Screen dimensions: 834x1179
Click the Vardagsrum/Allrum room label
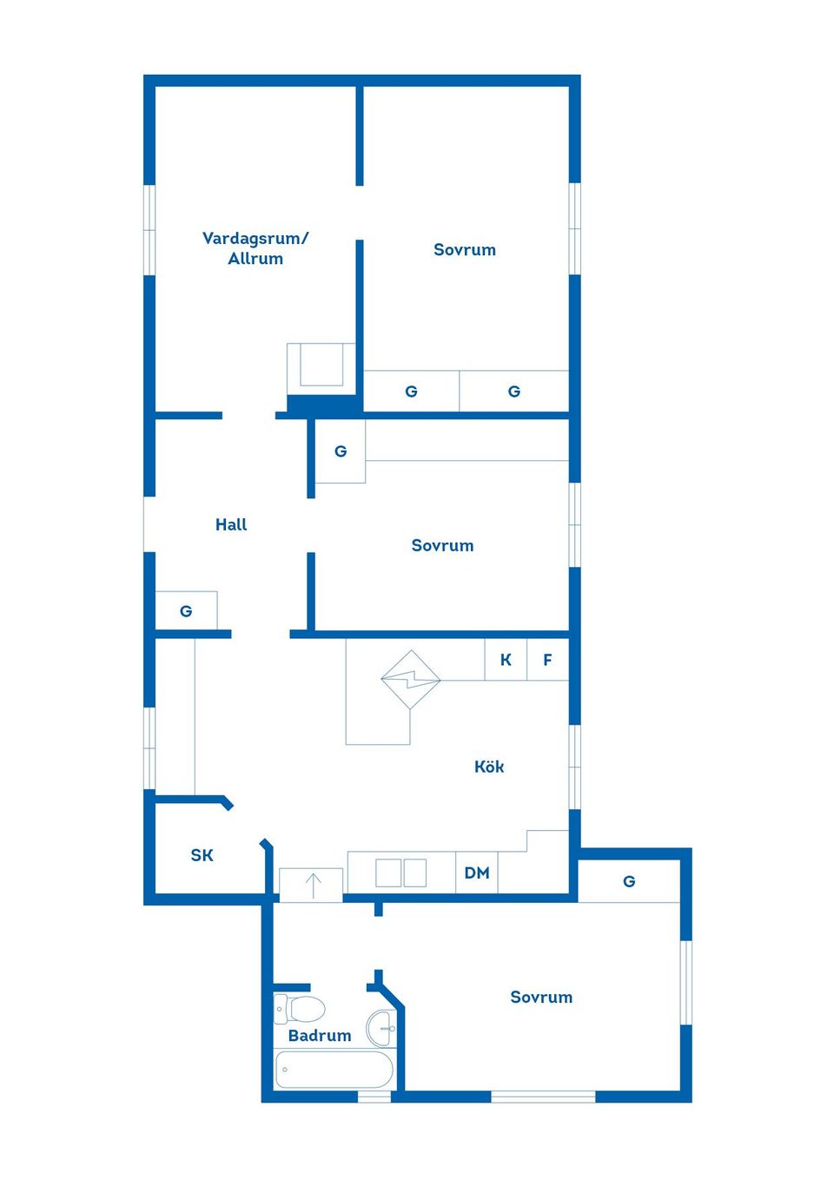255,248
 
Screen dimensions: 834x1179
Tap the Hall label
231,524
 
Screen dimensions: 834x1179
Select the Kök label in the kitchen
489,767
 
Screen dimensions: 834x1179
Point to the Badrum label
320,1035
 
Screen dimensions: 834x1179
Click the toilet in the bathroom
299,1009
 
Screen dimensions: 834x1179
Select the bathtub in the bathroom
334,1070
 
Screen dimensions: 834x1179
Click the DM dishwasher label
476,873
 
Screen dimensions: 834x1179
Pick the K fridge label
506,660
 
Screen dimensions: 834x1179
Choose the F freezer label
547,660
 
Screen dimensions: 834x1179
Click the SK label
202,855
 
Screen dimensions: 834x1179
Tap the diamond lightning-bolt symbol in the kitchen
411,680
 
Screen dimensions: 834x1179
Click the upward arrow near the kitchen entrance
314,886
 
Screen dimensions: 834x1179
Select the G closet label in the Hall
186,611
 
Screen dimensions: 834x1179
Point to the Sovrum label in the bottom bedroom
541,997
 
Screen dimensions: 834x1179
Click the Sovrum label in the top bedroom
465,249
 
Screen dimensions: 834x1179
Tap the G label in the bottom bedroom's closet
629,881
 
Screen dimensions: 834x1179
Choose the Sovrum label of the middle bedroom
442,545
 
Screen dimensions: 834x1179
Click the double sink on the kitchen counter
400,873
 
